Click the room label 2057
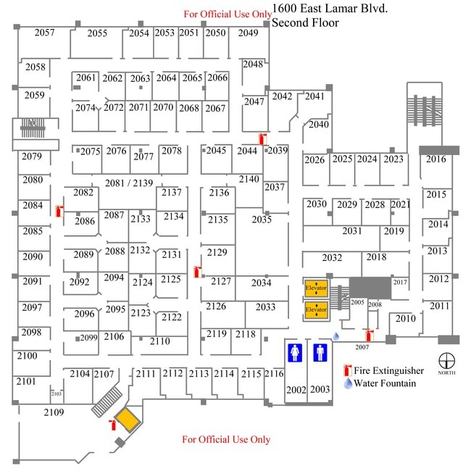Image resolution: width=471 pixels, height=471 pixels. (x=44, y=33)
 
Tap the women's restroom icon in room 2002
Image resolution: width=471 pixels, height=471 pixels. (x=295, y=352)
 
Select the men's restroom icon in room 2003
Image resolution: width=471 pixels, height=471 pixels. (x=320, y=352)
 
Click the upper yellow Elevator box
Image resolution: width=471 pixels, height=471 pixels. (x=316, y=288)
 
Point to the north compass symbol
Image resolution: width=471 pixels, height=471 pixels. (x=447, y=359)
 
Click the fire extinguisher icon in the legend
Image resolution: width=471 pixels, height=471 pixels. (x=347, y=370)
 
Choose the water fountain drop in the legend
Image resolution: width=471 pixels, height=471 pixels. (x=347, y=383)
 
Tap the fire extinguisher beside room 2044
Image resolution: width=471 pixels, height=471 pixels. (x=263, y=139)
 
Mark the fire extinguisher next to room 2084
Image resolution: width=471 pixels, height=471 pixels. (x=59, y=211)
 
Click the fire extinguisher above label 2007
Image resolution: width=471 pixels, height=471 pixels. (x=369, y=335)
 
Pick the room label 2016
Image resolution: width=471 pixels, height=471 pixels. (x=435, y=159)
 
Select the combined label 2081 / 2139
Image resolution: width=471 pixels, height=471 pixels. (x=129, y=183)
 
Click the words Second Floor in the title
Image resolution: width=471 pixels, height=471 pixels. (x=305, y=23)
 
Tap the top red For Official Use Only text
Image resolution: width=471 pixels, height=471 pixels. (x=228, y=14)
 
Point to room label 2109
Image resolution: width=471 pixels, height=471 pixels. (x=54, y=412)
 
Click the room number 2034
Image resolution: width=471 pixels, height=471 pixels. (x=261, y=283)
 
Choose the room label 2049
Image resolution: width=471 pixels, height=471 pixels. (x=248, y=33)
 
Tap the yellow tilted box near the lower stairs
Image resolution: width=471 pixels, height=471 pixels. (x=129, y=420)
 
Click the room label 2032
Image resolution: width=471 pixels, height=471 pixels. (x=332, y=257)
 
